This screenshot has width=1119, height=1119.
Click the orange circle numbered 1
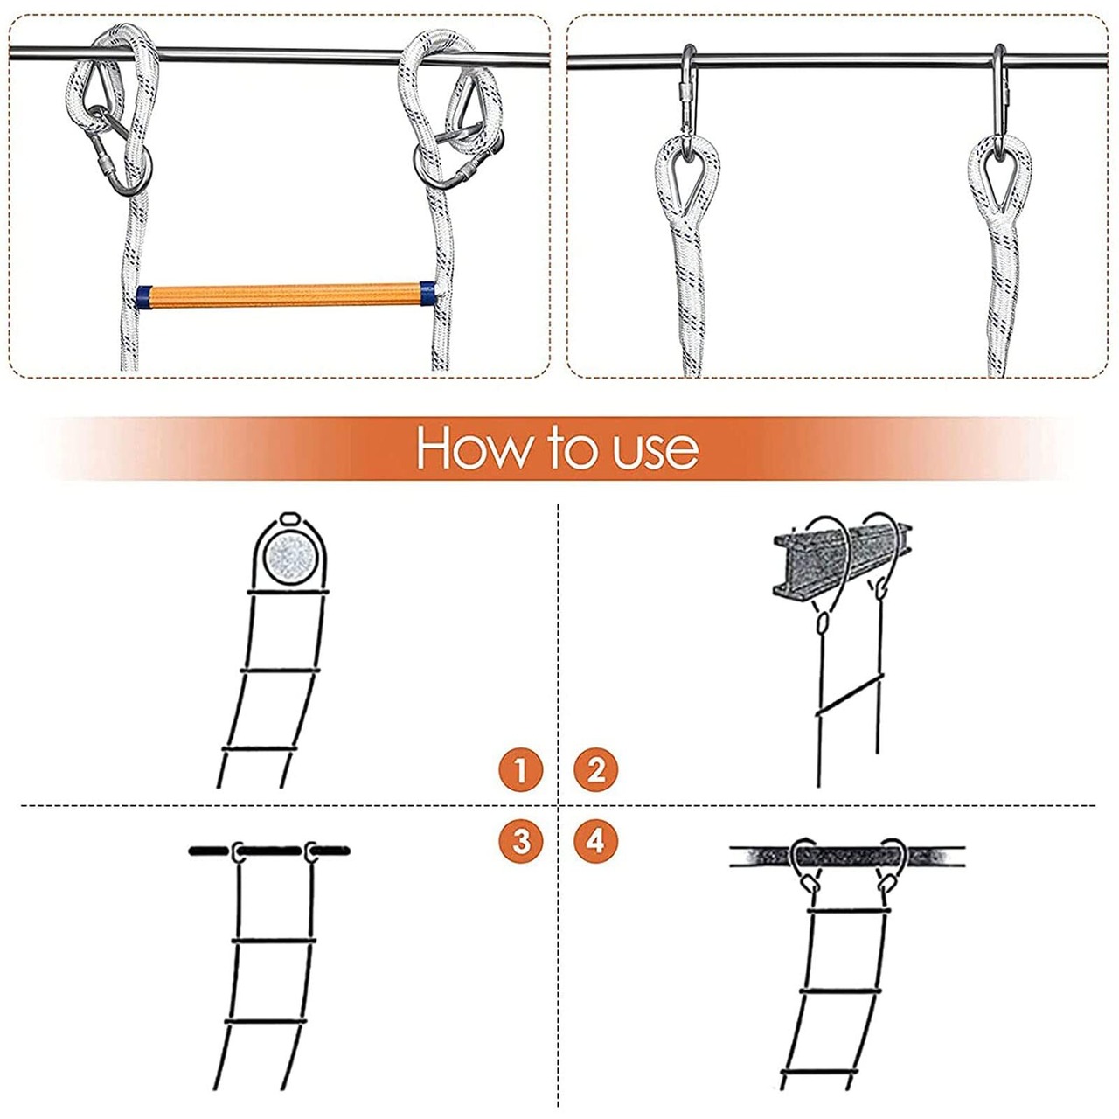click(x=521, y=769)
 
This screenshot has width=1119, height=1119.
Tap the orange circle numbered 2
click(x=596, y=769)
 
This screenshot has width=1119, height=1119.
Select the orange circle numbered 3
click(x=521, y=841)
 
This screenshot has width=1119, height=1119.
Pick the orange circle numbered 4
click(x=596, y=841)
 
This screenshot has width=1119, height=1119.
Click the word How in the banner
click(x=471, y=448)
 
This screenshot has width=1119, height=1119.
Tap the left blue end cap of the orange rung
click(x=144, y=296)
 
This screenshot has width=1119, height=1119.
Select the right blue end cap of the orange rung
click(x=427, y=294)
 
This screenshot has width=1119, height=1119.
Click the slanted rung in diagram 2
click(x=850, y=694)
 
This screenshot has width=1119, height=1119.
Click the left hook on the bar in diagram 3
click(x=237, y=851)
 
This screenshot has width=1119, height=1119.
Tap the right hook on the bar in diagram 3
click(x=310, y=851)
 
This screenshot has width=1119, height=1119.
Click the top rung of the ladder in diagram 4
click(x=848, y=910)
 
